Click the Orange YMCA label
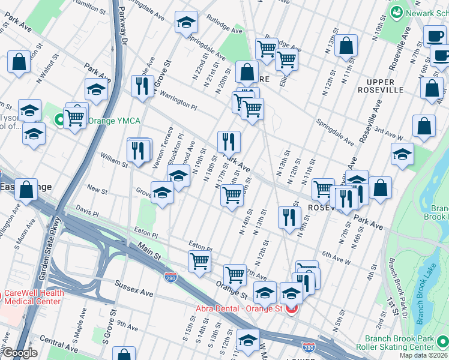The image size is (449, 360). coord(114,121)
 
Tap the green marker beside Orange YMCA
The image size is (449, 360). coord(60,119)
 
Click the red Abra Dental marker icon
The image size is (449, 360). coord(292,310)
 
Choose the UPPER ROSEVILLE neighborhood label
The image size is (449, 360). coord(380,86)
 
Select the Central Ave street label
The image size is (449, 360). coord(60,347)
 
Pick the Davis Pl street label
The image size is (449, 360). coord(87,213)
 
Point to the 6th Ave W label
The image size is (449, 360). coord(336,257)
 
